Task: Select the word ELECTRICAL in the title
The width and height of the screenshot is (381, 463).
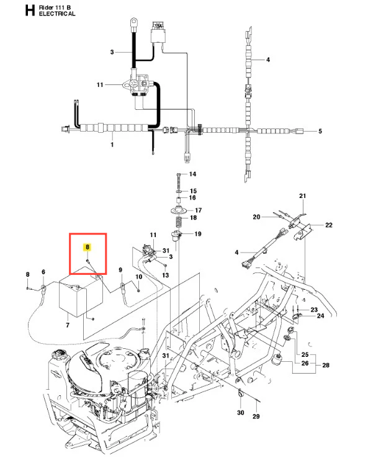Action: coord(56,14)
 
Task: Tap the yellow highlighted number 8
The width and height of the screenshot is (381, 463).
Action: coord(87,247)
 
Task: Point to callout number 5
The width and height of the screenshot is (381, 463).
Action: coord(320,132)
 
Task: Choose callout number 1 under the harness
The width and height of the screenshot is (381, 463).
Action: coord(112,145)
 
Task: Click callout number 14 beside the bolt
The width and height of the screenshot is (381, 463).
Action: coord(192,174)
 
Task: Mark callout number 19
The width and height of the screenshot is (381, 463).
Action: coord(197,234)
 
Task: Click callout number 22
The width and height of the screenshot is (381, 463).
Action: coord(329,225)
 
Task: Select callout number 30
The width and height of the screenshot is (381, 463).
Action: coord(240,413)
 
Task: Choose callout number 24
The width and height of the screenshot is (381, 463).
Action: coord(320,316)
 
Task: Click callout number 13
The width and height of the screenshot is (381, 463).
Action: coord(165,274)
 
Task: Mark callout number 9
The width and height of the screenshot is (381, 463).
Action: coord(120,270)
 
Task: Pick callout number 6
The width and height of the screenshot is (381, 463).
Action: coord(43,272)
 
